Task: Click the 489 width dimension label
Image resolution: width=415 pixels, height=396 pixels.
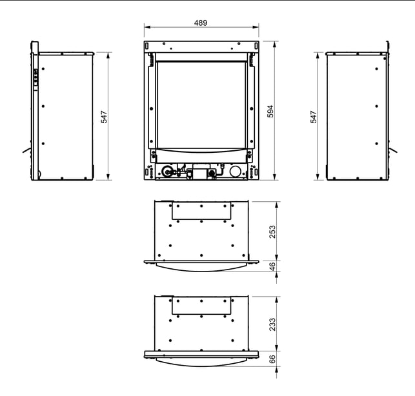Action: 201,23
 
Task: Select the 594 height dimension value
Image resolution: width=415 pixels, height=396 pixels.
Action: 270,112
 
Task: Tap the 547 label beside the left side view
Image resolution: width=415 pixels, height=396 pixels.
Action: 105,117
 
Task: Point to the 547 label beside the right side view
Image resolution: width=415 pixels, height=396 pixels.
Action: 314,117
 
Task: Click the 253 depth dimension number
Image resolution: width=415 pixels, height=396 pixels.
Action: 272,232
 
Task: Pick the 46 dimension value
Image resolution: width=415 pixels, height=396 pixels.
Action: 272,266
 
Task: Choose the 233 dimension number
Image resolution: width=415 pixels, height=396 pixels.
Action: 272,324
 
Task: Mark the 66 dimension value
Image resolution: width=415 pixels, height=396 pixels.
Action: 272,359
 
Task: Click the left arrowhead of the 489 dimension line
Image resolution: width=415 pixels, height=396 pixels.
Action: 147,27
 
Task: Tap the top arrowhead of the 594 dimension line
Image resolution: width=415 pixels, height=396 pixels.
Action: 274,44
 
